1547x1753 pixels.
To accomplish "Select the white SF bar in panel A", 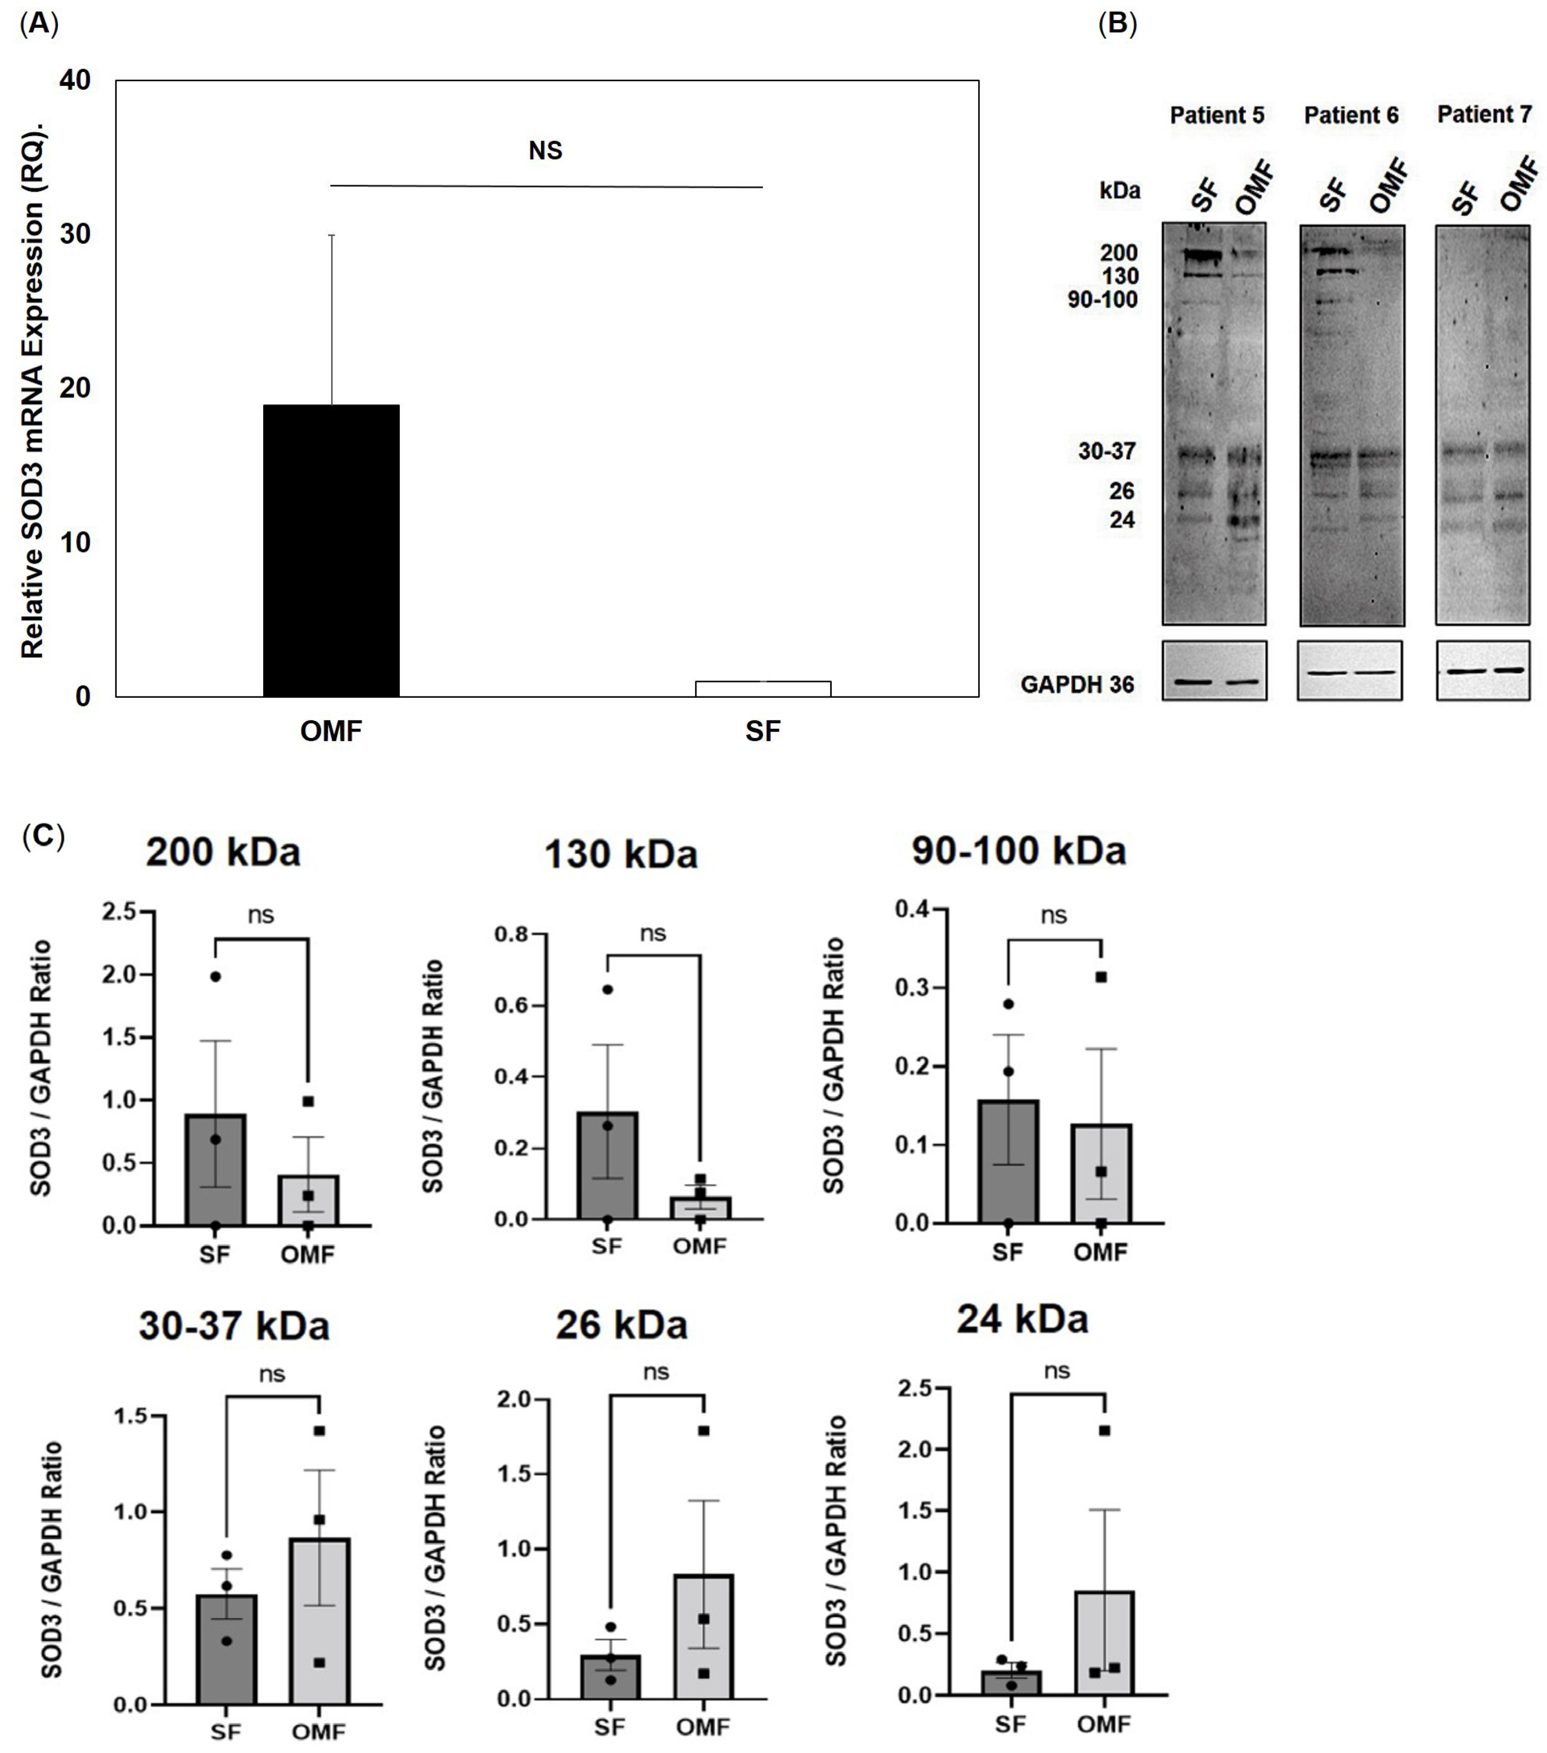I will pyautogui.click(x=762, y=689).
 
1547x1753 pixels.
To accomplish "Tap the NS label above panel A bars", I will pyautogui.click(x=545, y=151).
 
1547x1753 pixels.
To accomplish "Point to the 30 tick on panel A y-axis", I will pyautogui.click(x=75, y=233).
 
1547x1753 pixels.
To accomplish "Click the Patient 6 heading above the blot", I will pyautogui.click(x=1350, y=115).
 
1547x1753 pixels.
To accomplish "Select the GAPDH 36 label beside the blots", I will pyautogui.click(x=1077, y=684).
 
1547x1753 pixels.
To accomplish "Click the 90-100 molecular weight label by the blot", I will pyautogui.click(x=1102, y=299).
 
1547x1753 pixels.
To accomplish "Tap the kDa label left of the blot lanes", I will pyautogui.click(x=1119, y=190).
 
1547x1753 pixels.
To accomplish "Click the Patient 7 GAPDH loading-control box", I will pyautogui.click(x=1483, y=671).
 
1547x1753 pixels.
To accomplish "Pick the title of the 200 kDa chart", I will pyautogui.click(x=223, y=851).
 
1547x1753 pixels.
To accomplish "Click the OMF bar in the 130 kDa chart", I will pyautogui.click(x=700, y=1208).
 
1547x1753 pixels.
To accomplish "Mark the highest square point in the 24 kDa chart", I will pyautogui.click(x=1105, y=1430).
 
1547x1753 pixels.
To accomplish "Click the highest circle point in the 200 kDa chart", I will pyautogui.click(x=215, y=977).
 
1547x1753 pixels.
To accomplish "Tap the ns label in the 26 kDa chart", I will pyautogui.click(x=656, y=1372).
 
